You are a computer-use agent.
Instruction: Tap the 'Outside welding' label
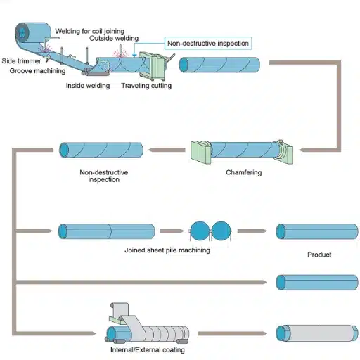115,38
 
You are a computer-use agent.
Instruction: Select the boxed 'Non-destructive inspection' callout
207,44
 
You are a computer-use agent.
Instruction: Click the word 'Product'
319,255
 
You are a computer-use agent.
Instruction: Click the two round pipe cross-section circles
212,231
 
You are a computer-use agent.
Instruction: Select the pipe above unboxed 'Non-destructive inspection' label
101,150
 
